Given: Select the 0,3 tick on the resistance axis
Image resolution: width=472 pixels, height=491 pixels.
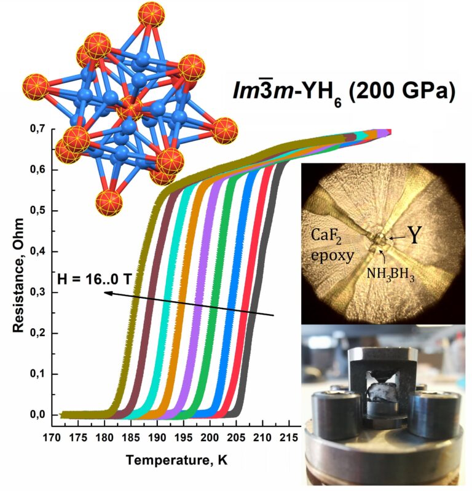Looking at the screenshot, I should click(x=38, y=293).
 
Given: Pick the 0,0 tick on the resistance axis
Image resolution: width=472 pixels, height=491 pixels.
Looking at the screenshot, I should click(x=38, y=415).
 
